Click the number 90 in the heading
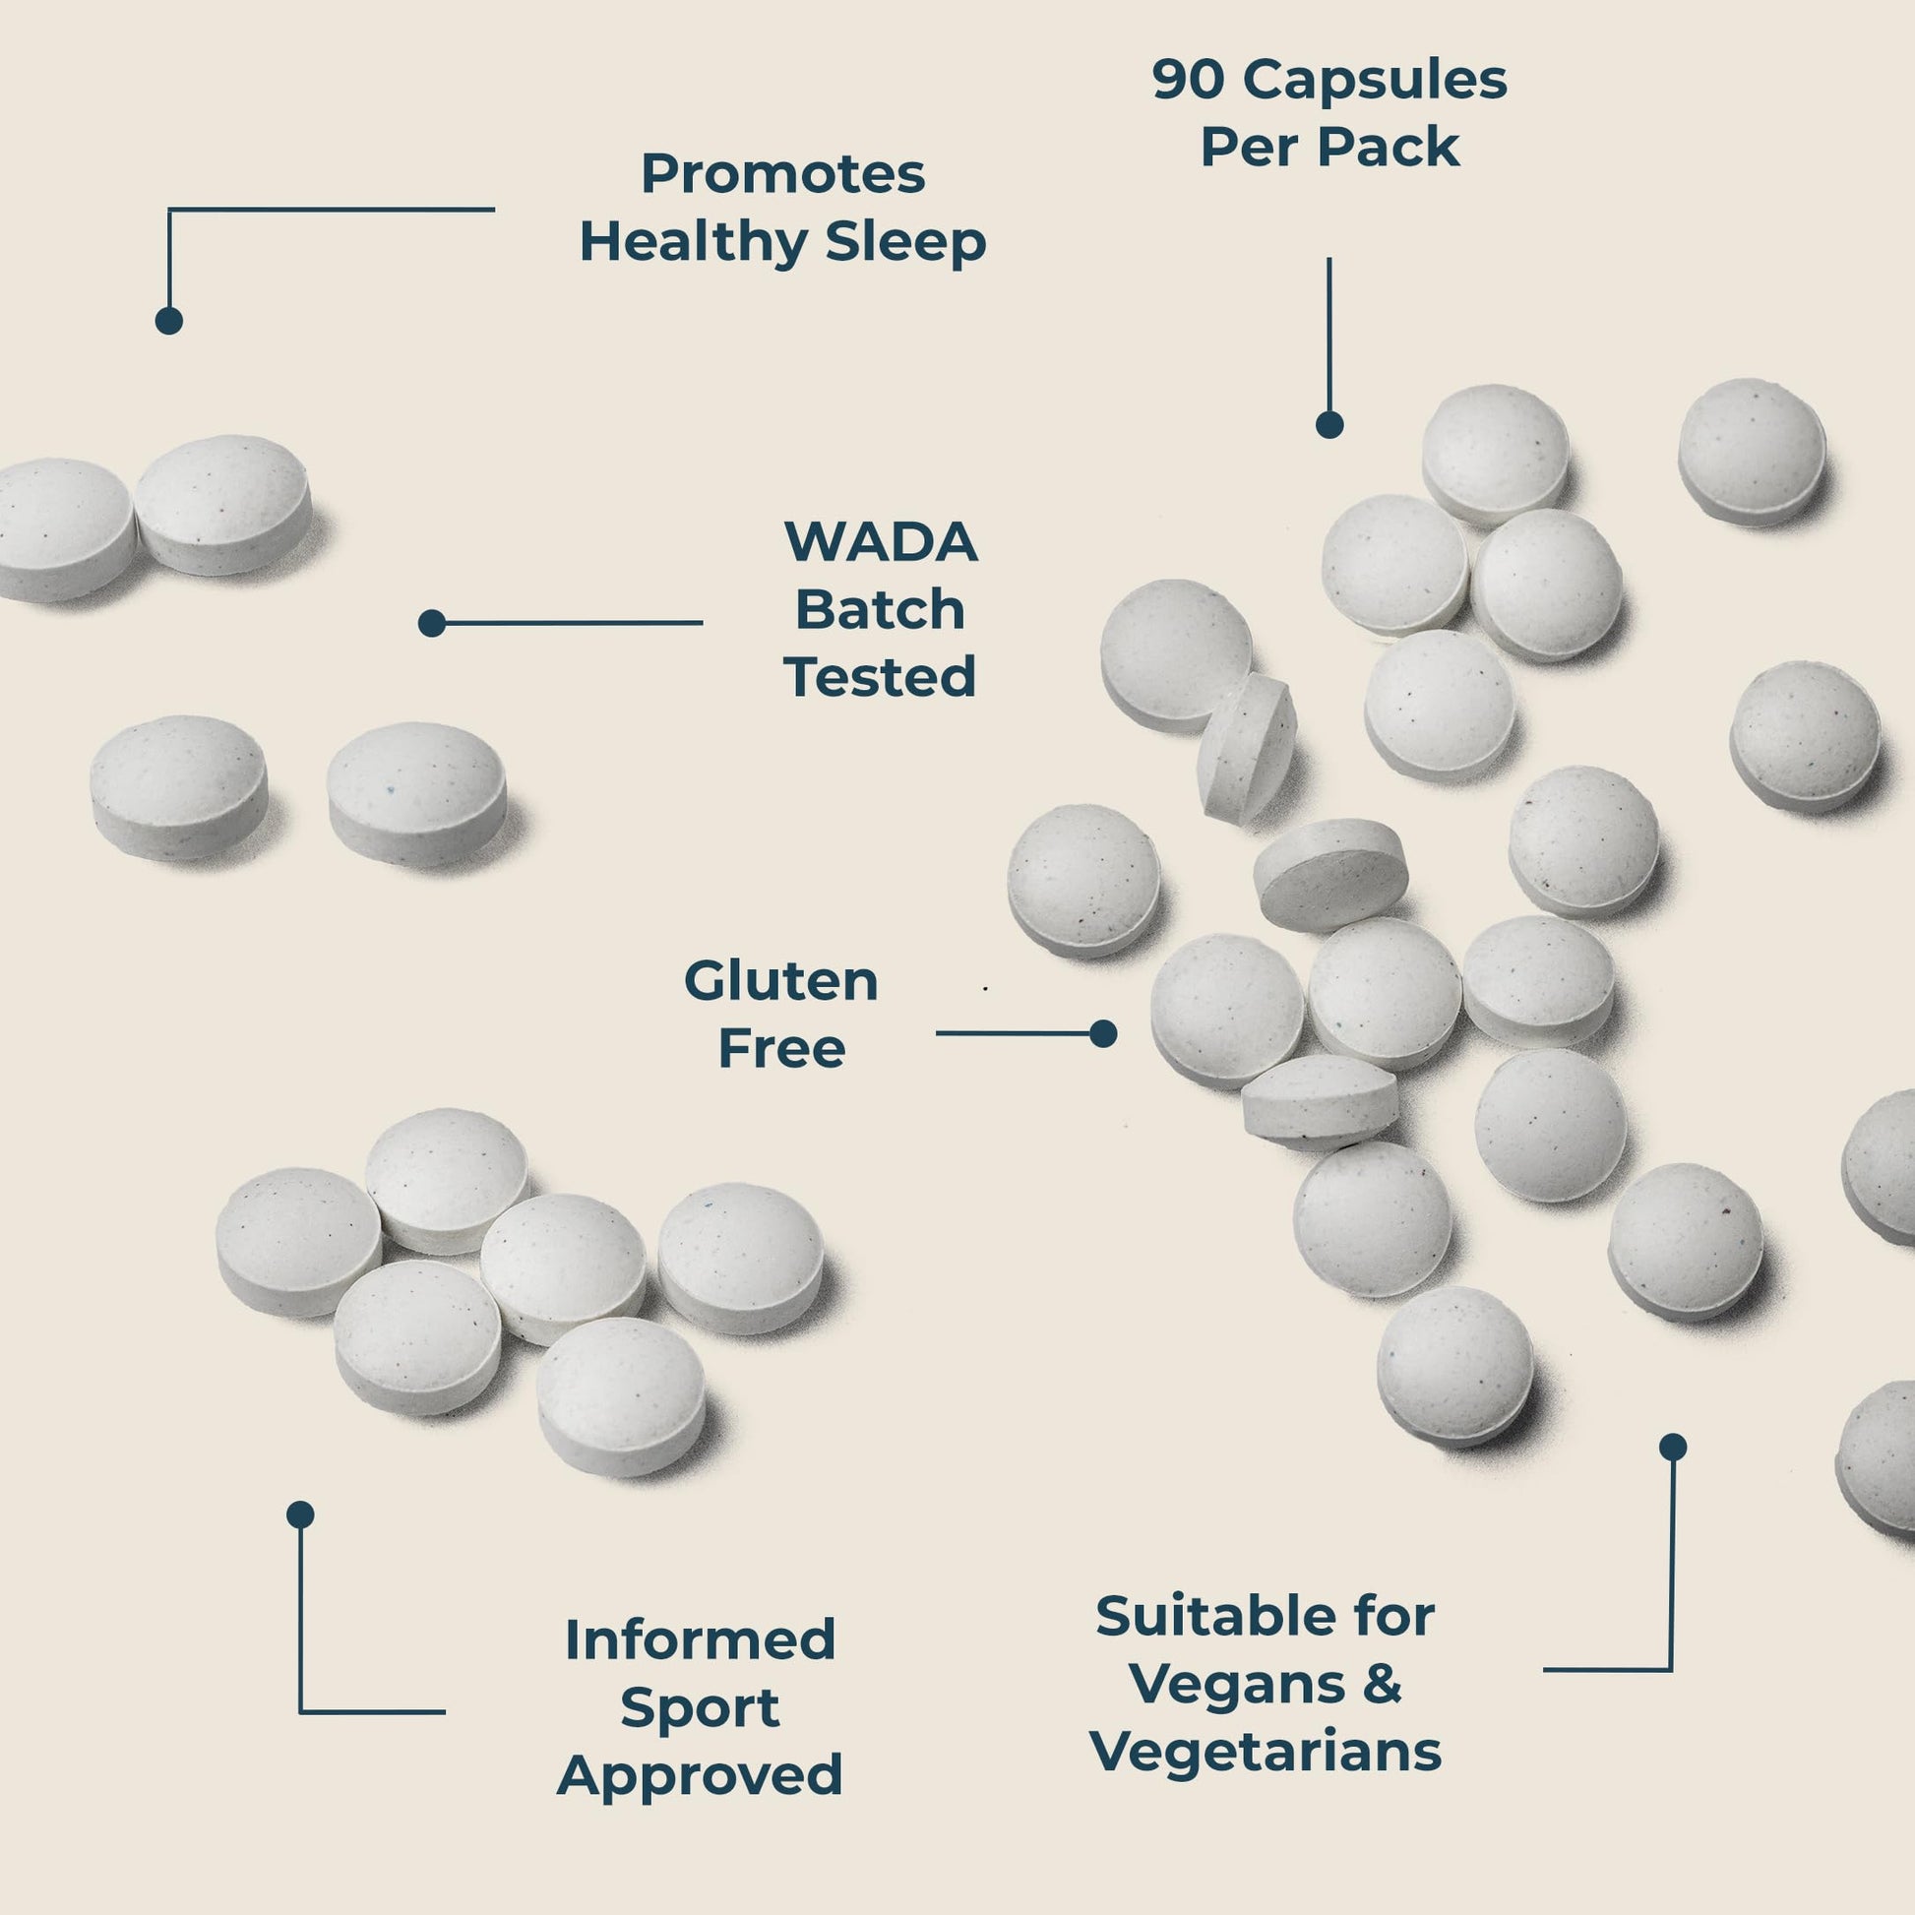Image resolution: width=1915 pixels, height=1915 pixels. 1190,80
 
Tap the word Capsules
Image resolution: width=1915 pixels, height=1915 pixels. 1375,80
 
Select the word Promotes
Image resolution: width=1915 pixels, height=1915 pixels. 783,173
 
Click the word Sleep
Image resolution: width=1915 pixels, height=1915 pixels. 906,243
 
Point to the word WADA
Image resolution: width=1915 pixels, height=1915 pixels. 880,542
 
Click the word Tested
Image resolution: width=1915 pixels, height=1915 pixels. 880,677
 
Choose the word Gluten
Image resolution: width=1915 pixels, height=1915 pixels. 781,981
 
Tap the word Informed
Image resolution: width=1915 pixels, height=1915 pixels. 700,1639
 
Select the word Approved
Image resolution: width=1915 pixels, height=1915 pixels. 700,1774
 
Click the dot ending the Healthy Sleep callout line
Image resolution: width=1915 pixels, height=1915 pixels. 169,321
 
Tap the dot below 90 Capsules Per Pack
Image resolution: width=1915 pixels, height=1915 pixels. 1329,425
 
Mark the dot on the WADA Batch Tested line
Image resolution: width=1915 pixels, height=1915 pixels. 432,623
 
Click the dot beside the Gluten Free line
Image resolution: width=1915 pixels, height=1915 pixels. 1103,1034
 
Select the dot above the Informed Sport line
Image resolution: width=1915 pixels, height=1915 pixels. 300,1514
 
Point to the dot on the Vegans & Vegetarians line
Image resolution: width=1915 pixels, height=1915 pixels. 1673,1448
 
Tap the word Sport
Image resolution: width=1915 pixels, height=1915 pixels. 700,1707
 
